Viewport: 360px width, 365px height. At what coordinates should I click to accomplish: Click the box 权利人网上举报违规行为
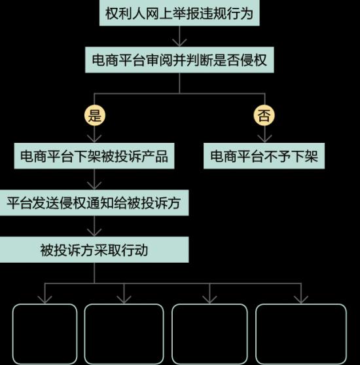pyautogui.click(x=179, y=12)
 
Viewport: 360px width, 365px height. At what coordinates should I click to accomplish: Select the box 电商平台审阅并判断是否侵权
pyautogui.click(x=179, y=60)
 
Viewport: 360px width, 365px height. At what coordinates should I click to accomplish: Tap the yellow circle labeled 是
pyautogui.click(x=95, y=115)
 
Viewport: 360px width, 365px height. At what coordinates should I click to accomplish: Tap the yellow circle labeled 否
pyautogui.click(x=264, y=115)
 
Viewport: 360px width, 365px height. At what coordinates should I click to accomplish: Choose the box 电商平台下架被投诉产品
pyautogui.click(x=94, y=156)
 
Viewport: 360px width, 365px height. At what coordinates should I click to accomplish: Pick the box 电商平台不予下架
pyautogui.click(x=264, y=156)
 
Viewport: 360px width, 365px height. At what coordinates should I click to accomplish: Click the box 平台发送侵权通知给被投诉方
pyautogui.click(x=94, y=202)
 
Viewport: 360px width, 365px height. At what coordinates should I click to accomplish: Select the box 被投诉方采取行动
pyautogui.click(x=94, y=250)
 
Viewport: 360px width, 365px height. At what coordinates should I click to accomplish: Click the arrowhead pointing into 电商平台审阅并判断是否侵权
pyautogui.click(x=179, y=43)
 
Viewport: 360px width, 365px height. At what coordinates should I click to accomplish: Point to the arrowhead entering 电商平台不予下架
pyautogui.click(x=264, y=139)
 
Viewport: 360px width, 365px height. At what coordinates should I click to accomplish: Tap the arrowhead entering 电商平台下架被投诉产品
pyautogui.click(x=94, y=139)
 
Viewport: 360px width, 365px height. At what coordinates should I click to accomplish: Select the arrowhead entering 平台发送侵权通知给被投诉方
pyautogui.click(x=94, y=185)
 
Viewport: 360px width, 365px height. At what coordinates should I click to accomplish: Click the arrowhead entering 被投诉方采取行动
pyautogui.click(x=94, y=233)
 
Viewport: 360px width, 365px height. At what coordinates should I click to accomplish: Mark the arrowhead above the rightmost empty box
pyautogui.click(x=301, y=300)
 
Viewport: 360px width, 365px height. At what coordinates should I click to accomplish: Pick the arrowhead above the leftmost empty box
pyautogui.click(x=45, y=300)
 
